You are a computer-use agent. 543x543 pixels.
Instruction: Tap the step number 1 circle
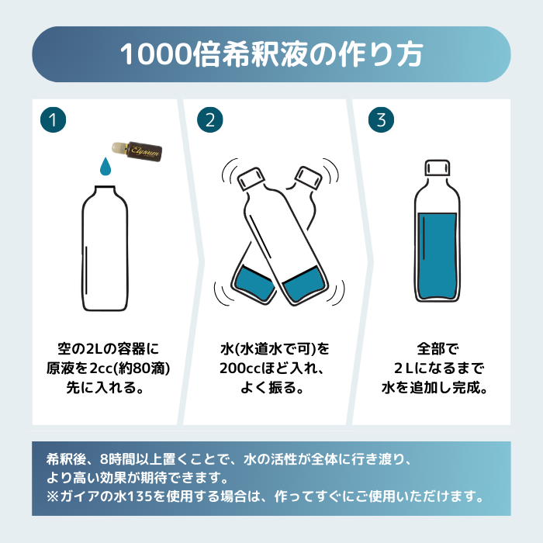coord(53,120)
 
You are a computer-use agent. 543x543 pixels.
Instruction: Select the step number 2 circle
coord(209,120)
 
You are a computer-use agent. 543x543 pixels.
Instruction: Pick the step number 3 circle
coord(380,120)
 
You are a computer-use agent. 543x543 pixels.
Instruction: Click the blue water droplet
coord(105,166)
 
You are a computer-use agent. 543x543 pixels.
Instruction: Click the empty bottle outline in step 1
coord(105,248)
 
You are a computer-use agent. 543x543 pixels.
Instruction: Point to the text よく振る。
coord(270,387)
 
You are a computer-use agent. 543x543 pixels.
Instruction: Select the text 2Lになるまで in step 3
coord(438,367)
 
